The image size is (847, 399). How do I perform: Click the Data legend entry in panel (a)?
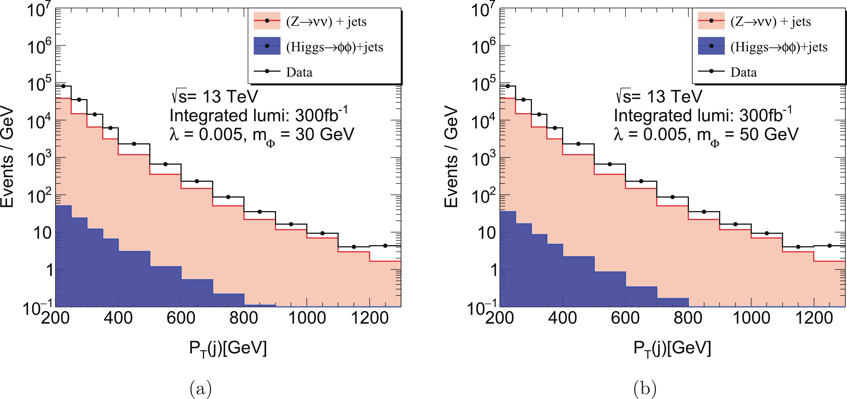point(299,72)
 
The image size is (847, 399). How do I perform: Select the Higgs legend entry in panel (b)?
point(779,47)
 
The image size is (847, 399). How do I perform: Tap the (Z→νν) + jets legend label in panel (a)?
point(326,22)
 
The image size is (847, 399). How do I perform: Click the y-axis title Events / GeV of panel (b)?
point(451,157)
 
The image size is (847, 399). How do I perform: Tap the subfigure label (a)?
point(200,388)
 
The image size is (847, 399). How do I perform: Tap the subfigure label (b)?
point(645,388)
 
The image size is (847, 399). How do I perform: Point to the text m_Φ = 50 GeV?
point(747,135)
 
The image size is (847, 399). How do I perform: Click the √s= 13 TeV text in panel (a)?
point(214,96)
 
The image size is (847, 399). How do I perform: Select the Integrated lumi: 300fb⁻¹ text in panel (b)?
point(703,115)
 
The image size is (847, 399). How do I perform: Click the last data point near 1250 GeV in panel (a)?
point(385,245)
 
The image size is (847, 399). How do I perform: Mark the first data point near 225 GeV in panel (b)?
point(508,86)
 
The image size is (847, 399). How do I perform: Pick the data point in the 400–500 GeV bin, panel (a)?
point(134,144)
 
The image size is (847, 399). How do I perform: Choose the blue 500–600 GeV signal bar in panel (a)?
point(165,286)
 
